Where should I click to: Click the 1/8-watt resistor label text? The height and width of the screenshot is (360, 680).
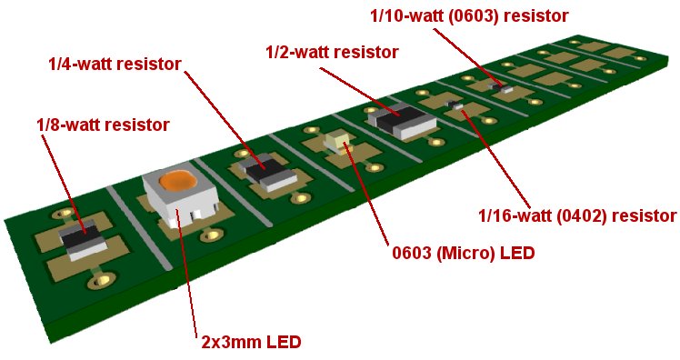click(x=104, y=125)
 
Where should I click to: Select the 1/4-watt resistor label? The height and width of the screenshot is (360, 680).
click(x=115, y=65)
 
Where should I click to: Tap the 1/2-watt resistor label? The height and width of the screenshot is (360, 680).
click(x=332, y=53)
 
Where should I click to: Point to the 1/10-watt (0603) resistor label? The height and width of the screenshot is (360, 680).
click(x=469, y=16)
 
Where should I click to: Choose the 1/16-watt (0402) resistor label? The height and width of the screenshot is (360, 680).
click(x=577, y=215)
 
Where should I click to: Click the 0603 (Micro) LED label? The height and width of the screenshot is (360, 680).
click(x=463, y=253)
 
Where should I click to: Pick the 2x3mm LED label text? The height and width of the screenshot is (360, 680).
click(x=251, y=342)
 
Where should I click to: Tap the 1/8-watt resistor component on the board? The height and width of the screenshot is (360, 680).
click(x=83, y=239)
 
